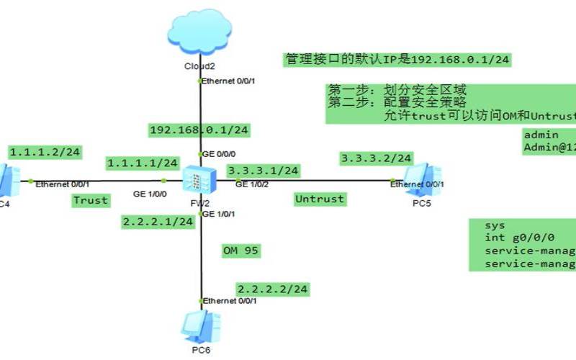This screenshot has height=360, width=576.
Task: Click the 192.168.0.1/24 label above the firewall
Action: click(199, 130)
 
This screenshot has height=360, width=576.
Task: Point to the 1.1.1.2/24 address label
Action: click(45, 152)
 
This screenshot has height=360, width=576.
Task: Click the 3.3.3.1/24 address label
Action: click(263, 171)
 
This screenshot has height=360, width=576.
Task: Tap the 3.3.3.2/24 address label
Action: click(376, 158)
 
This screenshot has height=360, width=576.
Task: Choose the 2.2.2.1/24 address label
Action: click(158, 222)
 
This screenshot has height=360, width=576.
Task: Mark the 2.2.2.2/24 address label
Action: click(273, 289)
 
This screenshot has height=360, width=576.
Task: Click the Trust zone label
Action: click(91, 200)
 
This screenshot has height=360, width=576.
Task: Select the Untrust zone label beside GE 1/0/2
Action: click(320, 198)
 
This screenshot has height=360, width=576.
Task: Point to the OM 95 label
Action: click(241, 251)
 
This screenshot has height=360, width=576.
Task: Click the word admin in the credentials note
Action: click(541, 135)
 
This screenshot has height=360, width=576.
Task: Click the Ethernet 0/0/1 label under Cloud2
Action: click(228, 81)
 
